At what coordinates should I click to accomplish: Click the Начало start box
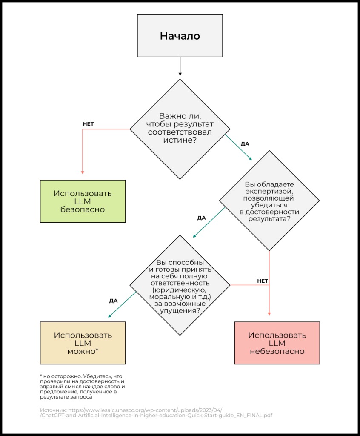(x=180, y=36)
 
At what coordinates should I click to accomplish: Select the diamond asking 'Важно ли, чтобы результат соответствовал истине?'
(x=180, y=128)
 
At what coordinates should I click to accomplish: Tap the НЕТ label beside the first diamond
(x=88, y=124)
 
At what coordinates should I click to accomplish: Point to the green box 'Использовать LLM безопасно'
(x=83, y=201)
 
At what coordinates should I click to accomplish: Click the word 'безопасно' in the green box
(x=83, y=209)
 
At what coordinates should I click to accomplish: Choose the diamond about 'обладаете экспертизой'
(x=269, y=200)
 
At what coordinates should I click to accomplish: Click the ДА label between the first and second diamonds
(x=245, y=144)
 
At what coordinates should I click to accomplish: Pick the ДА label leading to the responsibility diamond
(x=201, y=218)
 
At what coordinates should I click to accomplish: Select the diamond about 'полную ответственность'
(x=180, y=283)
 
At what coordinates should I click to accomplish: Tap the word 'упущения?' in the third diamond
(x=180, y=311)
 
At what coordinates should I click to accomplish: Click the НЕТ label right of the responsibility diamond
(x=263, y=281)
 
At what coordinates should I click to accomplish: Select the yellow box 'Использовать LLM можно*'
(x=83, y=343)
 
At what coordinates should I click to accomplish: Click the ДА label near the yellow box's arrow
(x=113, y=301)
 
